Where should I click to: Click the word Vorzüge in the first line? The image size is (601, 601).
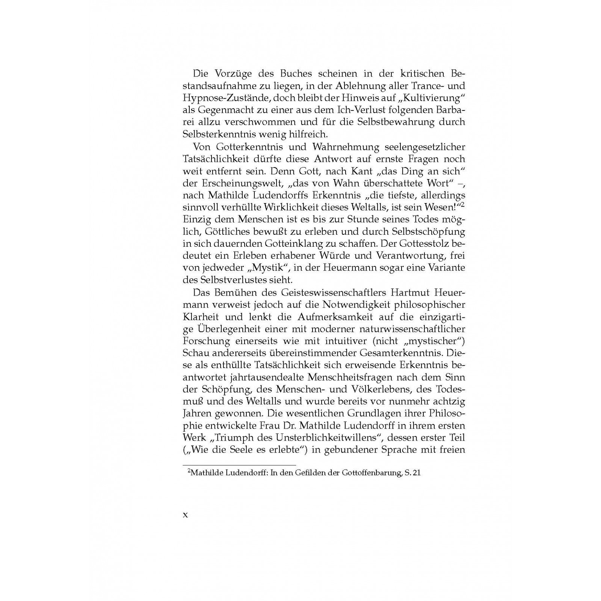pos(232,74)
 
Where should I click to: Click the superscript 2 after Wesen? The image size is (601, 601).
pos(463,204)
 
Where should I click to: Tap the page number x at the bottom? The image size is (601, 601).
pos(185,515)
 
